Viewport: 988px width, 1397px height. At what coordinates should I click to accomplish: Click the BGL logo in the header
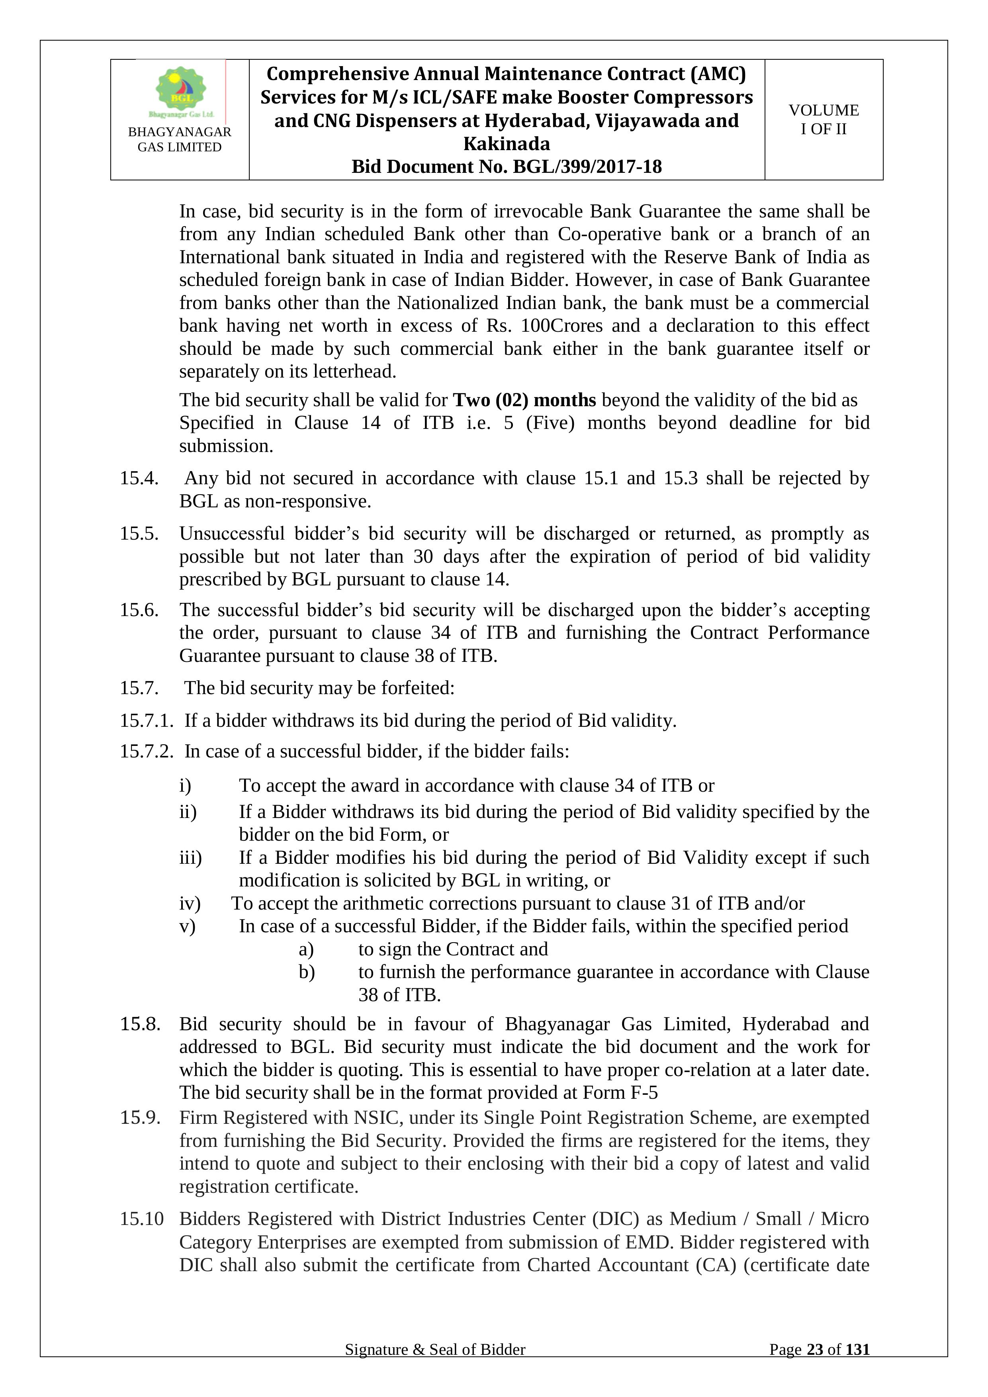tap(181, 91)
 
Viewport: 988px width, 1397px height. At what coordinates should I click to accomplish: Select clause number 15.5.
tap(139, 534)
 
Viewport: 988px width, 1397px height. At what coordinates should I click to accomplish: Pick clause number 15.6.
tap(139, 610)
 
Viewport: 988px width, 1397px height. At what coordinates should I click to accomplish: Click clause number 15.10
tap(142, 1219)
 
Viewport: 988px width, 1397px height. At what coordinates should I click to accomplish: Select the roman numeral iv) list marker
tap(190, 904)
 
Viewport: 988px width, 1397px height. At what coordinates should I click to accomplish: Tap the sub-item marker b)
tap(307, 972)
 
